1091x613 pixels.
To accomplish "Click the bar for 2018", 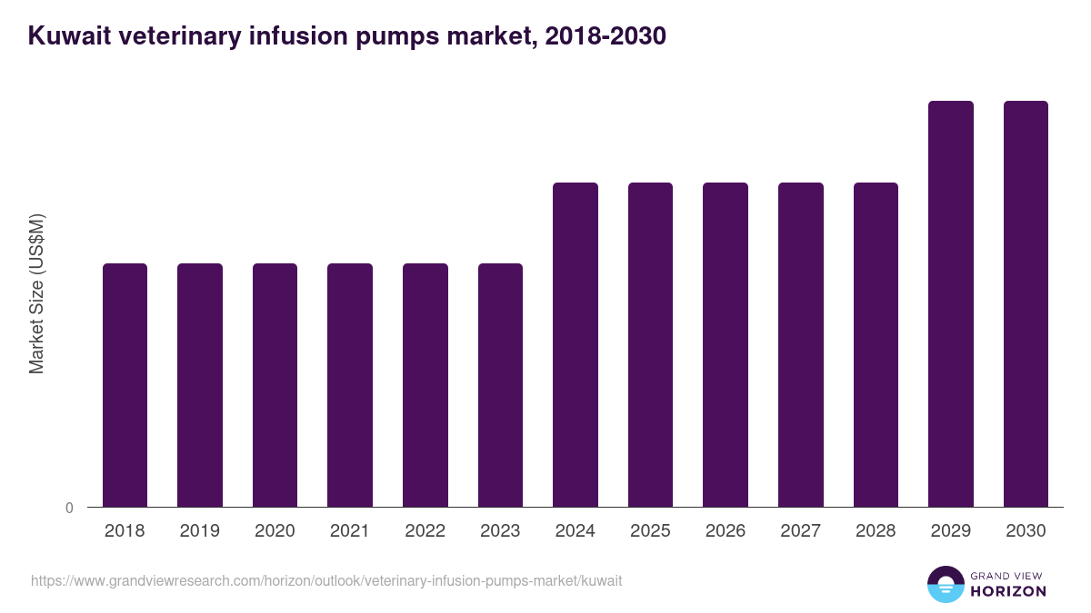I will [x=125, y=385].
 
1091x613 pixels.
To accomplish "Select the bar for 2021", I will [x=350, y=385].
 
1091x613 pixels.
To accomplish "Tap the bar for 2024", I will [x=576, y=345].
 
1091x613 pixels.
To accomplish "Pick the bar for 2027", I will [x=801, y=345].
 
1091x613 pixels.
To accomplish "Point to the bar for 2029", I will [x=951, y=304].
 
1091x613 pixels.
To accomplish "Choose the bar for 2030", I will [x=1026, y=304].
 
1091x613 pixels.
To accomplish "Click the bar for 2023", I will [x=500, y=385].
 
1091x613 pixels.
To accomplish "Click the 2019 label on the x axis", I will [x=199, y=531].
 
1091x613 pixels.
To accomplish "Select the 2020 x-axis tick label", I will [x=275, y=531].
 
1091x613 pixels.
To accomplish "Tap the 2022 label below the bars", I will [x=425, y=531].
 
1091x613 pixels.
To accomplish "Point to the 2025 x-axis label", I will [x=650, y=531].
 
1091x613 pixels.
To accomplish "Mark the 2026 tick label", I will [x=726, y=531].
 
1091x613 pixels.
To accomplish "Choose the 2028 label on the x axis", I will [x=876, y=531].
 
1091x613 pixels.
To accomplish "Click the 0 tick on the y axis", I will [x=69, y=508].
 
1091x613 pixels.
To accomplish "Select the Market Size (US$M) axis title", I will [x=36, y=293].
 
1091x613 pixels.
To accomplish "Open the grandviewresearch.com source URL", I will [x=326, y=580].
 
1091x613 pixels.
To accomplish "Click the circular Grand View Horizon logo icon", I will [x=945, y=584].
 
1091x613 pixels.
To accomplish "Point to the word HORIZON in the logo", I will [x=1009, y=591].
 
